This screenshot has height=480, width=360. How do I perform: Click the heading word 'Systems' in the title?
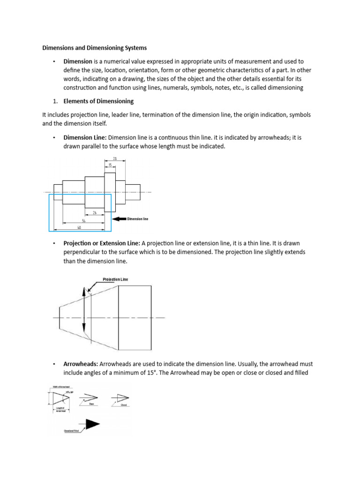pyautogui.click(x=135, y=48)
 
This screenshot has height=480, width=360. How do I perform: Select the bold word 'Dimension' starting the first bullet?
pyautogui.click(x=78, y=61)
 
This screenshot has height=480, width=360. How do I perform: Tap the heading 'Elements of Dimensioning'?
pyautogui.click(x=98, y=101)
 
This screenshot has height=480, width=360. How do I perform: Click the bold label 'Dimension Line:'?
pyautogui.click(x=85, y=137)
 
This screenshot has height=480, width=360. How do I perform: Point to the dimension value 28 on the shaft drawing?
pyautogui.click(x=115, y=159)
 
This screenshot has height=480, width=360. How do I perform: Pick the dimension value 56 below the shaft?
pyautogui.click(x=83, y=220)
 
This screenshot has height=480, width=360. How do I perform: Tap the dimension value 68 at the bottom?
pyautogui.click(x=79, y=227)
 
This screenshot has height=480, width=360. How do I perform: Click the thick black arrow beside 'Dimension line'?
pyautogui.click(x=119, y=218)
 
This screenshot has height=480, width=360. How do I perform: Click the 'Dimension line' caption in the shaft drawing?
pyautogui.click(x=138, y=219)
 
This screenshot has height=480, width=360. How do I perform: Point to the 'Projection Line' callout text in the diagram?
pyautogui.click(x=115, y=280)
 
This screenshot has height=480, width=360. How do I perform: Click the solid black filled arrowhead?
pyautogui.click(x=91, y=424)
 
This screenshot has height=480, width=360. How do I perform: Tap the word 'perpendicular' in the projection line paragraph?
pyautogui.click(x=83, y=252)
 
